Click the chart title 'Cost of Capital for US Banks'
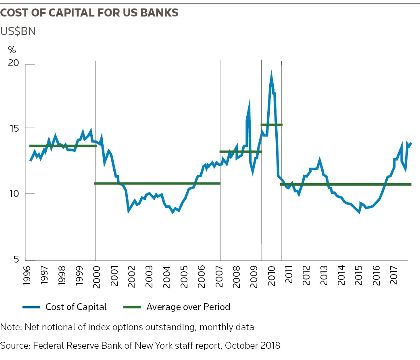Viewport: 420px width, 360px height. tap(89, 13)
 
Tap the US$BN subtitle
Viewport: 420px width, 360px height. tap(18, 31)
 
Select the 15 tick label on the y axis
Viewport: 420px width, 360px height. tap(14, 128)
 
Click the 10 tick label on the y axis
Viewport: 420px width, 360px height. tap(14, 193)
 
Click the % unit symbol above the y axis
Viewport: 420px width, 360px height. tap(12, 50)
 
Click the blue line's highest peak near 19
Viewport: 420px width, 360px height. tap(271, 75)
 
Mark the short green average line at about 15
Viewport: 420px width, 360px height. tap(272, 125)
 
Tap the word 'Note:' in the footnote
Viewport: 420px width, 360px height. tap(11, 327)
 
